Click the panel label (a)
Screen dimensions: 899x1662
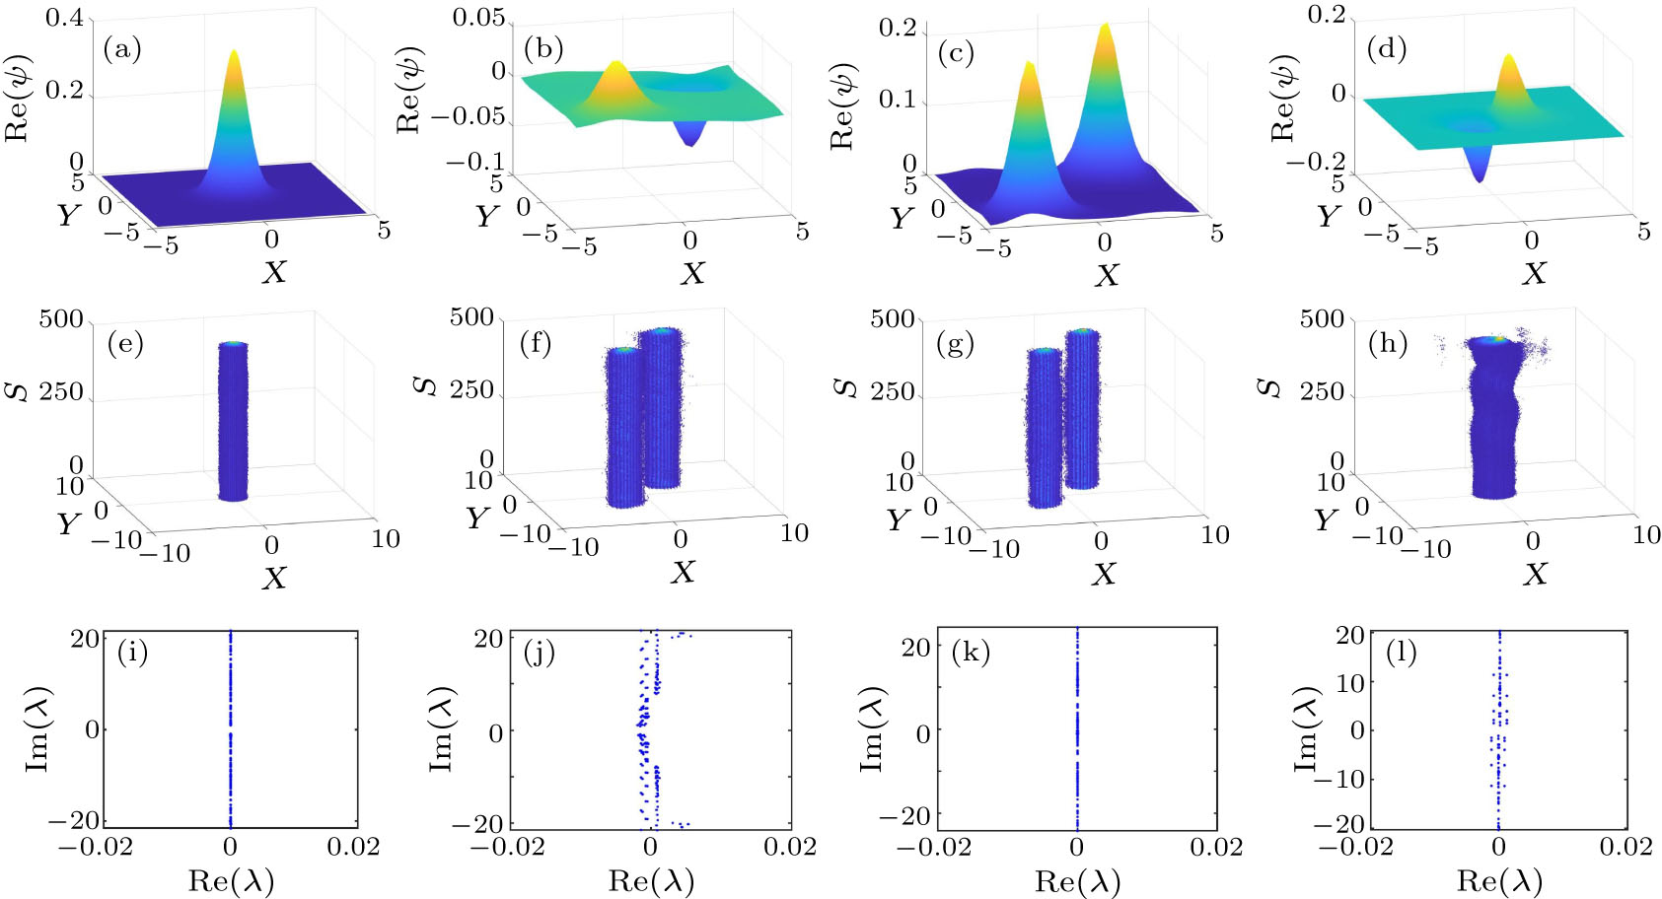pyautogui.click(x=122, y=49)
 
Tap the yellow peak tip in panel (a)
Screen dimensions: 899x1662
pyautogui.click(x=234, y=53)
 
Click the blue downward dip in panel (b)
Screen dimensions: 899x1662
pyautogui.click(x=691, y=140)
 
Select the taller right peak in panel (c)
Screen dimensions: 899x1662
pyautogui.click(x=1105, y=30)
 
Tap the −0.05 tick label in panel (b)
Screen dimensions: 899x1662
pyautogui.click(x=467, y=116)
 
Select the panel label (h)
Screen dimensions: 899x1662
pyautogui.click(x=1387, y=344)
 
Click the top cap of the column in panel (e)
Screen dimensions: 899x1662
pyautogui.click(x=233, y=344)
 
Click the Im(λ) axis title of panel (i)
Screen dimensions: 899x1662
pyautogui.click(x=36, y=729)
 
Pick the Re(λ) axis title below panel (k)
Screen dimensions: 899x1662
pyautogui.click(x=1077, y=881)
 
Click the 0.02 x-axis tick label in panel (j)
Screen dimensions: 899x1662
pyautogui.click(x=789, y=847)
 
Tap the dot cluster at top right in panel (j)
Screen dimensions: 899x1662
pyautogui.click(x=682, y=636)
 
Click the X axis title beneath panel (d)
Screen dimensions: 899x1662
pyautogui.click(x=1534, y=273)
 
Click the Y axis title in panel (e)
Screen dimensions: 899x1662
pyautogui.click(x=68, y=522)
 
